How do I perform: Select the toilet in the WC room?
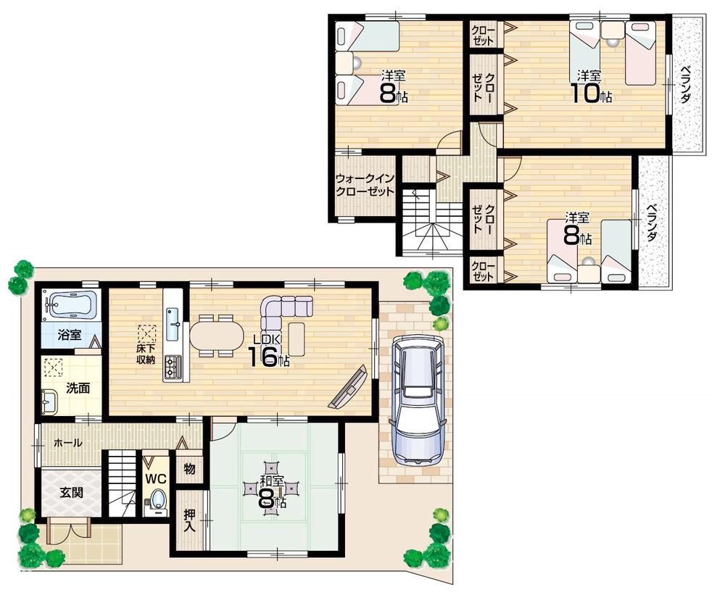pos(158,500)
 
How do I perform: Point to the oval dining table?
pos(217,336)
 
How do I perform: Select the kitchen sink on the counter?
pos(174,323)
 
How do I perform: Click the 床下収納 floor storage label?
pos(146,354)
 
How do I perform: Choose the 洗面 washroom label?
pos(78,388)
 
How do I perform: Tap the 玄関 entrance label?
pos(71,493)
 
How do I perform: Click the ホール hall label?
pos(67,443)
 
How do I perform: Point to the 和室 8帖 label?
pos(273,490)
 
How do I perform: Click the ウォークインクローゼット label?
pos(365,186)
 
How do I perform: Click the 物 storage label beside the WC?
pos(190,470)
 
